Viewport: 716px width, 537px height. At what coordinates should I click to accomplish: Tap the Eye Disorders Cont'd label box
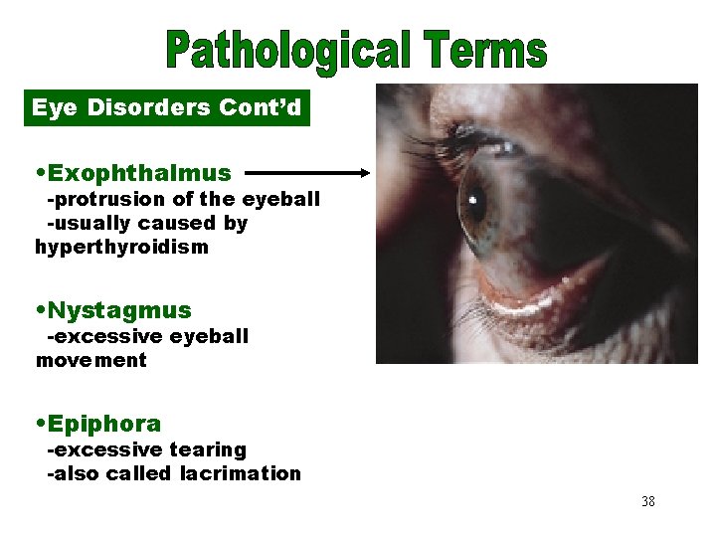point(167,107)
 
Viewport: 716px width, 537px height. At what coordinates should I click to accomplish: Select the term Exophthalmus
point(139,173)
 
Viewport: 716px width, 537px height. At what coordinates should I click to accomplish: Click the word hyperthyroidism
point(122,247)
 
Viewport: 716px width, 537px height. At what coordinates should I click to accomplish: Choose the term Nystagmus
point(118,311)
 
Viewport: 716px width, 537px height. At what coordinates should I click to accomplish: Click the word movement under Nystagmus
point(91,360)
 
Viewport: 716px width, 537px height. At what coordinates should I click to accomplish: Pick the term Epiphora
point(103,425)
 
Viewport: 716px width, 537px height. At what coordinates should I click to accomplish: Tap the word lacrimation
point(241,473)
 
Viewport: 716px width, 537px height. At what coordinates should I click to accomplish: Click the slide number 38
point(648,501)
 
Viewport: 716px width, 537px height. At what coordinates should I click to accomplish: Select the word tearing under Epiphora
point(208,449)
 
